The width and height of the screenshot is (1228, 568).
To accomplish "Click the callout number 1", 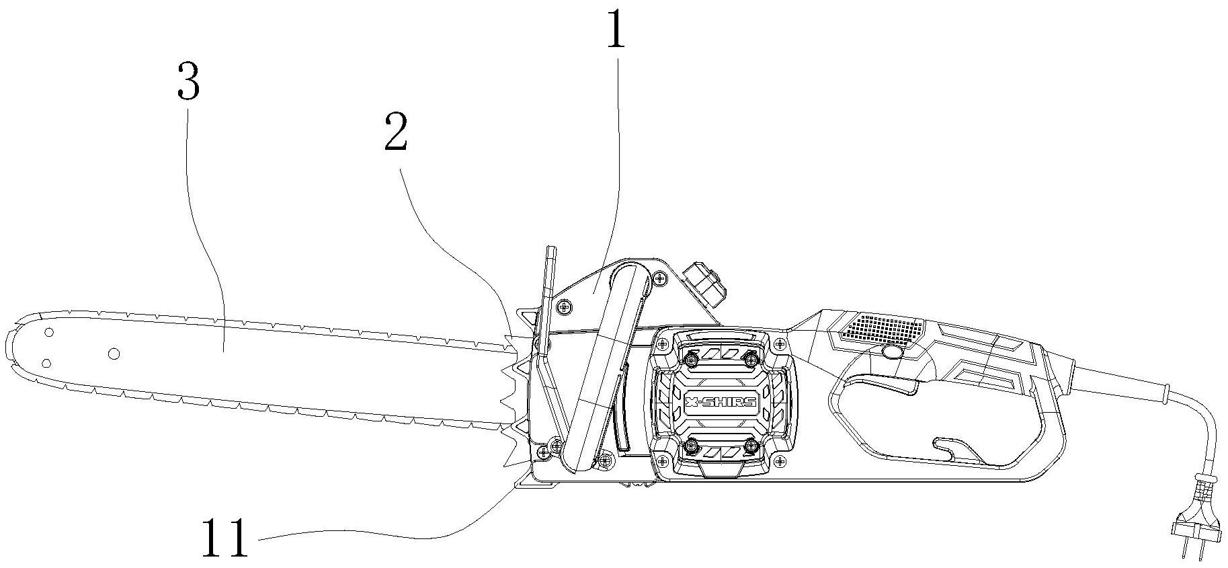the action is (x=616, y=27).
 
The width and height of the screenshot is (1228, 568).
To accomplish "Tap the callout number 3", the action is (x=188, y=80).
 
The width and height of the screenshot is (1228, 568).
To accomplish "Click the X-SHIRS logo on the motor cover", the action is (x=721, y=402).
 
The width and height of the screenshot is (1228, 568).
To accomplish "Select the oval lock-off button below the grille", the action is (x=892, y=352).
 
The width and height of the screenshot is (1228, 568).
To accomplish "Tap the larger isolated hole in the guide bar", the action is (x=113, y=354).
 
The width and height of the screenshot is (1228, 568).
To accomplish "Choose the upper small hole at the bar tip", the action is (x=48, y=333).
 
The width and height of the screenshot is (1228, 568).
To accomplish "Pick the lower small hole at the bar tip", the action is (x=46, y=364).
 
